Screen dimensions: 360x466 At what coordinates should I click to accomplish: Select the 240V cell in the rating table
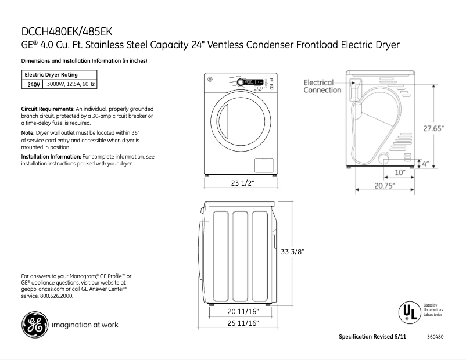pyautogui.click(x=33, y=85)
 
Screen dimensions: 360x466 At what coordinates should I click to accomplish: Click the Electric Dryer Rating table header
pyautogui.click(x=51, y=75)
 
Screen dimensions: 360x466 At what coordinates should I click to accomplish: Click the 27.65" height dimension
pyautogui.click(x=433, y=128)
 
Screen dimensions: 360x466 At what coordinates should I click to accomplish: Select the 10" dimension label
pyautogui.click(x=400, y=172)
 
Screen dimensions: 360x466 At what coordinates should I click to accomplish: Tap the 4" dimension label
pyautogui.click(x=425, y=164)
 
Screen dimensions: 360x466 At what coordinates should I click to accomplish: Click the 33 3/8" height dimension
pyautogui.click(x=293, y=252)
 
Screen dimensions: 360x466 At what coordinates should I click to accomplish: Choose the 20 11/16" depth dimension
pyautogui.click(x=242, y=312)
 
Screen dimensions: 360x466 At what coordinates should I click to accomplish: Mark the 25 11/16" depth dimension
pyautogui.click(x=242, y=323)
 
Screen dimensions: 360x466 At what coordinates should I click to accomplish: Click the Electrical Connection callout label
pyautogui.click(x=322, y=87)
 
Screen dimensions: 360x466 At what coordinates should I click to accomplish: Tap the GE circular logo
pyautogui.click(x=34, y=325)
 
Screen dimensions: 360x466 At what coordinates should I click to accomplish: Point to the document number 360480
pyautogui.click(x=435, y=337)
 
